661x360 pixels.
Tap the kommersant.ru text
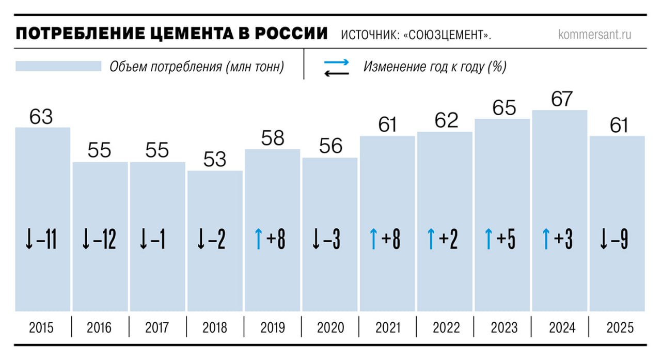594,35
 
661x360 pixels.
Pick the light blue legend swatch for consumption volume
58,67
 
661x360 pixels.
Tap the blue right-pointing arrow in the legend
337,62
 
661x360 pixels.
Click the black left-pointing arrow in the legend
337,73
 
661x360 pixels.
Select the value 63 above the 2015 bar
41,116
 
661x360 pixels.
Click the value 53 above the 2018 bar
215,160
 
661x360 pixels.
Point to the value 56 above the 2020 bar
330,146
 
